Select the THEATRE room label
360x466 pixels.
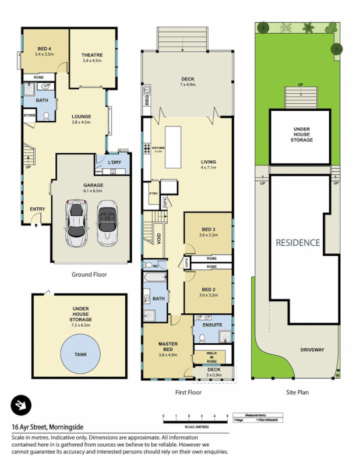[x=92, y=55]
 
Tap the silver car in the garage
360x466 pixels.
[x=76, y=223]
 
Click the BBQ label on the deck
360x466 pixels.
[x=147, y=101]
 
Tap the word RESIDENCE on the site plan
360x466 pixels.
[x=298, y=242]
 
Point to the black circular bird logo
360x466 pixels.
[x=21, y=405]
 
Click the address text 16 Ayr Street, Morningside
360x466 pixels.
[x=43, y=426]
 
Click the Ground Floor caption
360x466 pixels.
[x=89, y=274]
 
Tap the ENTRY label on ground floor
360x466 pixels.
[x=37, y=209]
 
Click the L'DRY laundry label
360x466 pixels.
[x=115, y=162]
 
